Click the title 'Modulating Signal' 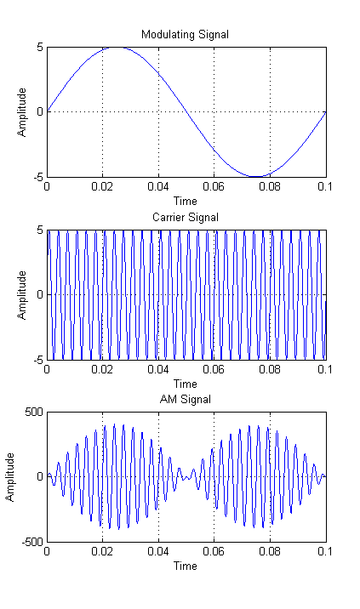click(x=186, y=34)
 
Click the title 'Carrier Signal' click(x=186, y=217)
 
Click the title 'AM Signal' click(x=186, y=399)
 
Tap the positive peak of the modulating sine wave click(x=117, y=47)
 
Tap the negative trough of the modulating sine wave click(x=256, y=176)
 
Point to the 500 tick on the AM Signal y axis click(x=34, y=412)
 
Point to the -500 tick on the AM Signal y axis click(x=32, y=541)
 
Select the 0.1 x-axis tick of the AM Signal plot click(x=326, y=552)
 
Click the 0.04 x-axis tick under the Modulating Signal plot click(x=157, y=187)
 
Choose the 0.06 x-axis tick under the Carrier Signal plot click(x=214, y=370)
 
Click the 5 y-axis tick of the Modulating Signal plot click(x=39, y=47)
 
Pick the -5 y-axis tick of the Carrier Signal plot click(x=37, y=359)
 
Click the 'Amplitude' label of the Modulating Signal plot click(x=23, y=111)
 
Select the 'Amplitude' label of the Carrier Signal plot click(x=23, y=294)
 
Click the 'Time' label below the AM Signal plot click(x=186, y=566)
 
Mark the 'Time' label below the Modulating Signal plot click(x=186, y=201)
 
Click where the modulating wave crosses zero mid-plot click(x=186, y=111)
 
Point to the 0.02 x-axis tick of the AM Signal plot click(x=102, y=552)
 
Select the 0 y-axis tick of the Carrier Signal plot click(x=39, y=294)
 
